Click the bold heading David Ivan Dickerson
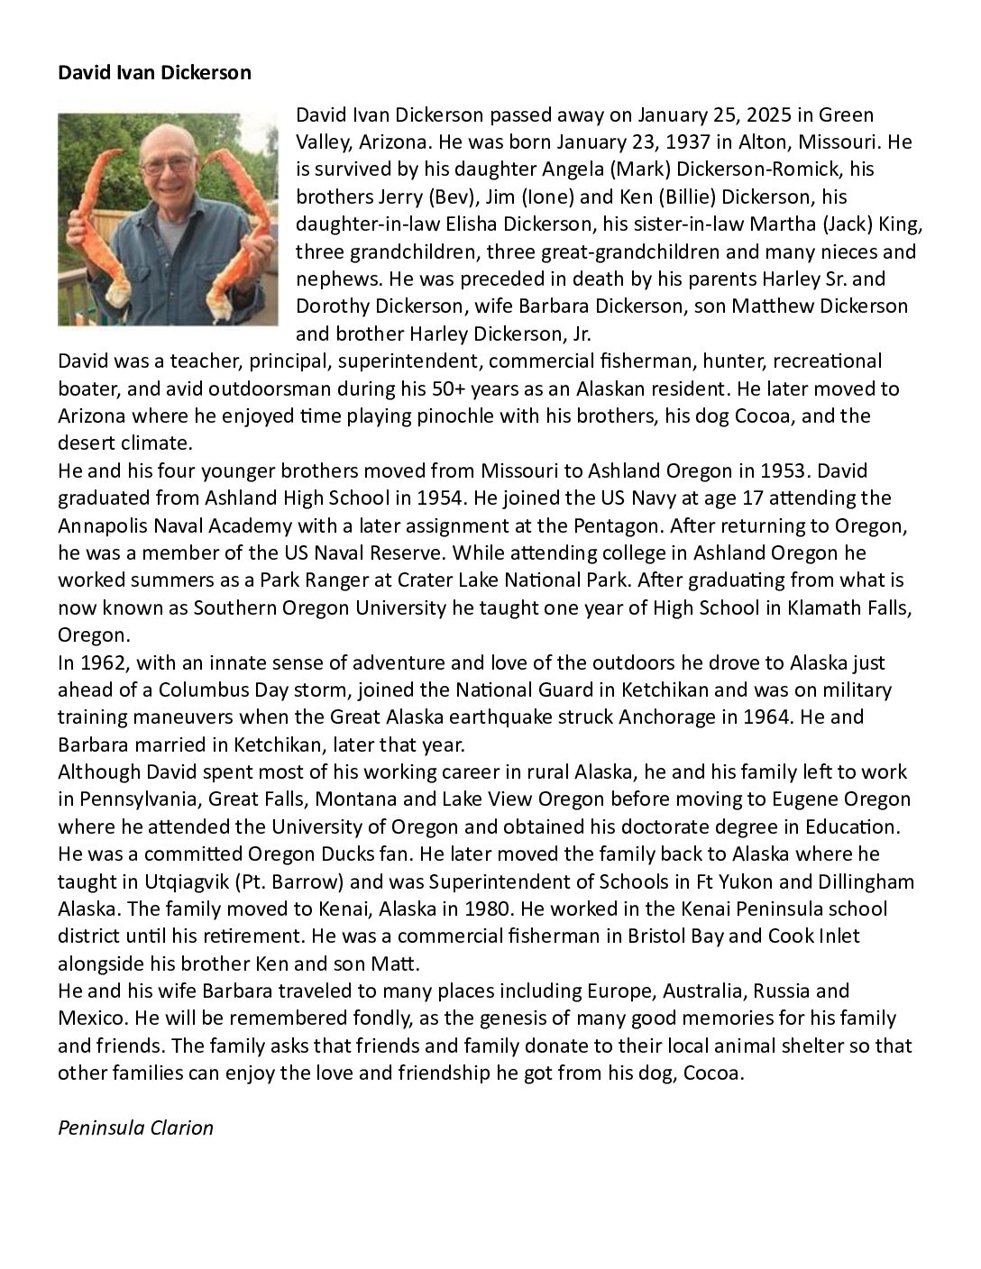(154, 73)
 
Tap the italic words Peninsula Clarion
(135, 1127)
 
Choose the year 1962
(105, 662)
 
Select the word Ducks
(317, 854)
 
